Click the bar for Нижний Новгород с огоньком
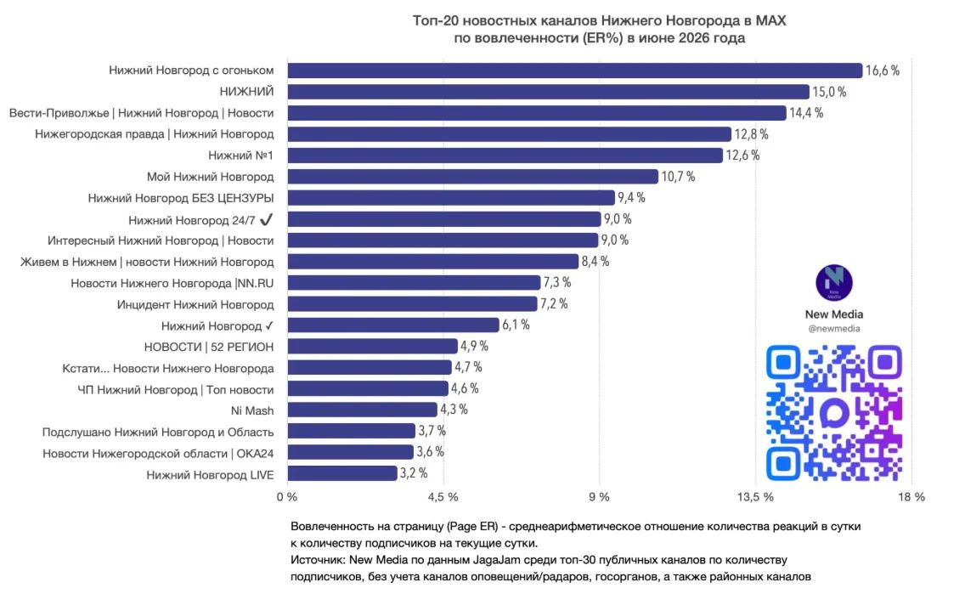pos(575,71)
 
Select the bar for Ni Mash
pos(363,410)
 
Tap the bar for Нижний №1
pos(505,155)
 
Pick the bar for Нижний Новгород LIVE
pos(342,473)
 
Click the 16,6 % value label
pos(883,71)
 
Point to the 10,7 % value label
pos(678,177)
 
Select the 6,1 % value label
pos(516,325)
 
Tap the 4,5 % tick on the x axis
pos(443,497)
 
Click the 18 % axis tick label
pos(911,497)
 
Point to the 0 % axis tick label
pos(287,497)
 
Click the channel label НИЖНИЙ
pos(247,92)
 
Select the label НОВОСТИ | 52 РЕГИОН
pos(209,348)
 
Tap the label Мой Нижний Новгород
pos(210,178)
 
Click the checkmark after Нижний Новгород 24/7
pos(266,220)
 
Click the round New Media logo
pos(834,283)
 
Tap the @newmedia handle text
pos(834,329)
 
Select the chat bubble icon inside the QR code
pos(834,413)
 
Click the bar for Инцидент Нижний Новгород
pos(412,303)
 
